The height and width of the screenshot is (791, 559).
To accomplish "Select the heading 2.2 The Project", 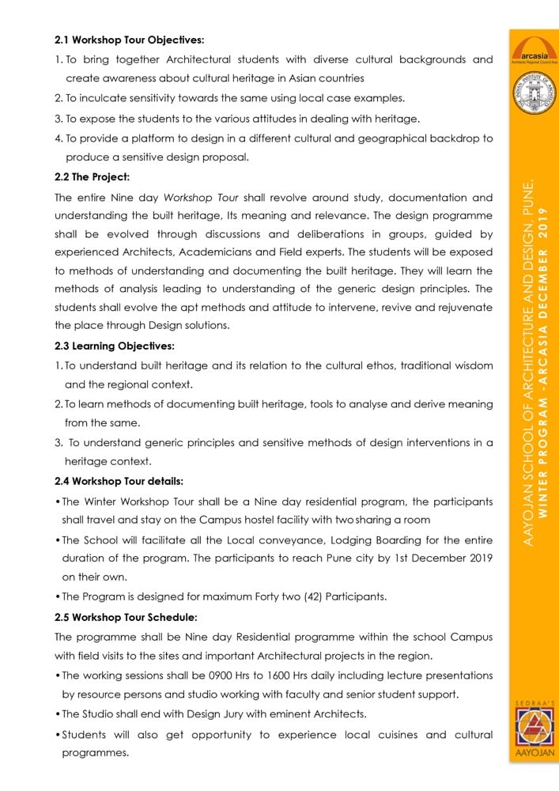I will [92, 176].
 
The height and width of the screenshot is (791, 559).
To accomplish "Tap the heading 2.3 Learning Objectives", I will [115, 346].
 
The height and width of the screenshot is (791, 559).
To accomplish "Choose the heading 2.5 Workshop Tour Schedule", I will [126, 616].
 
